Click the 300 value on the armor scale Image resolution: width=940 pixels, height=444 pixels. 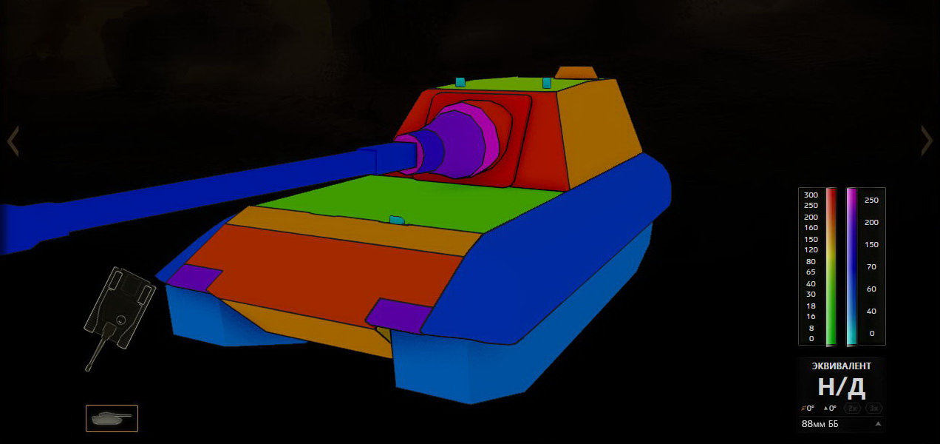point(811,195)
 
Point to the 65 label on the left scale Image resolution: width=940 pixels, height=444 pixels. point(811,272)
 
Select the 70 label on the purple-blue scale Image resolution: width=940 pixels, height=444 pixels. point(871,266)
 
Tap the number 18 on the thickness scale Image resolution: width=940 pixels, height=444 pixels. point(811,306)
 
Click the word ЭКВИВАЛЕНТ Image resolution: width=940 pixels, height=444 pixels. point(840,366)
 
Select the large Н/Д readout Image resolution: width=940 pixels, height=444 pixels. point(842,387)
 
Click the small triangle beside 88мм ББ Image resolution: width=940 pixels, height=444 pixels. point(878,424)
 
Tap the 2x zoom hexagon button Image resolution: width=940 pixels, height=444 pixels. point(852,408)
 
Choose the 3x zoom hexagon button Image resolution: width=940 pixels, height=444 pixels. point(874,408)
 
